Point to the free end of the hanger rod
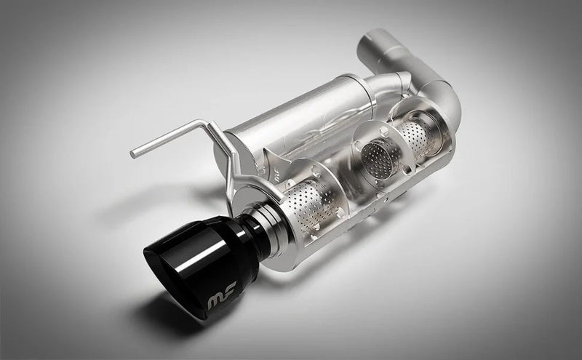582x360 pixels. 134,153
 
